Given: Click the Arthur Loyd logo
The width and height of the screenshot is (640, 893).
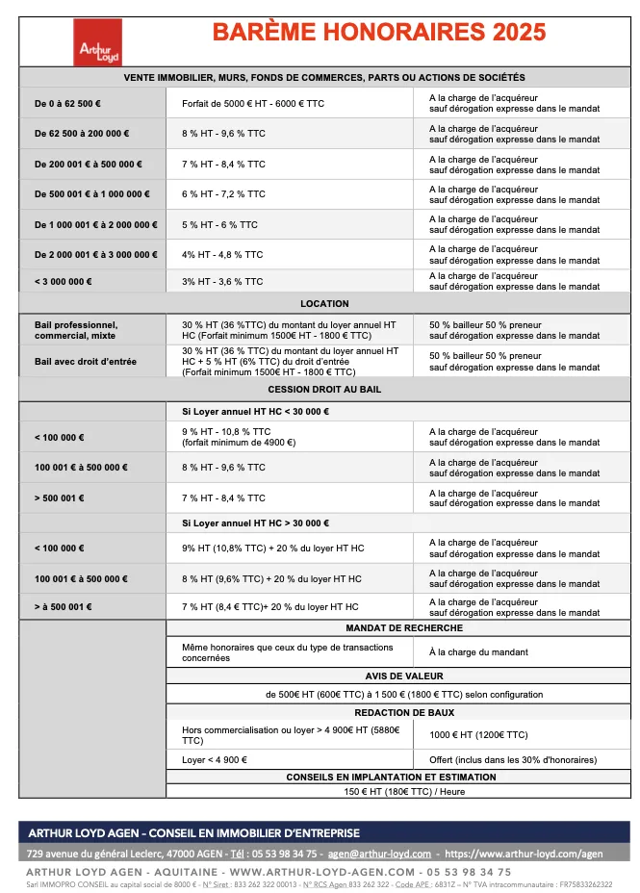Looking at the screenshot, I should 92,42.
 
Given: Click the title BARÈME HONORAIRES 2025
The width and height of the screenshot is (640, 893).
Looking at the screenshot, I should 378,33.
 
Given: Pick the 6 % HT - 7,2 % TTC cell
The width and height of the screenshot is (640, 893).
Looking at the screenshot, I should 223,194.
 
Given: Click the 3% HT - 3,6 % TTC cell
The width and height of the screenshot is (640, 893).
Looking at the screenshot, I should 222,282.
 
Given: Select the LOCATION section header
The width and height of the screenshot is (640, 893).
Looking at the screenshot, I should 324,303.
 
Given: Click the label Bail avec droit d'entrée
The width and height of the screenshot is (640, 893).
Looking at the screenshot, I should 86,362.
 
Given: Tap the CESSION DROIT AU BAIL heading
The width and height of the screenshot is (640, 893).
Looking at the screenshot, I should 324,389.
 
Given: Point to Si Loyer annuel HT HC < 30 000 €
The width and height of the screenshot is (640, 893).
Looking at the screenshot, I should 255,412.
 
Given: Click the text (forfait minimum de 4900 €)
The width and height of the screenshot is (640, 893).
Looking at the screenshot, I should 239,443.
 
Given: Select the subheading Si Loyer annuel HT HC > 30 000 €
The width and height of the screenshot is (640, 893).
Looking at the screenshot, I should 255,523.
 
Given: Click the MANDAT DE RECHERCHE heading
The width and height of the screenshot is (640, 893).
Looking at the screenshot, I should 404,628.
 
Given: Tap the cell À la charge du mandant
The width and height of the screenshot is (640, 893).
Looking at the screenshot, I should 478,652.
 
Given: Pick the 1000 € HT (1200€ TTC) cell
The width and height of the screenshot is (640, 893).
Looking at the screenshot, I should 478,735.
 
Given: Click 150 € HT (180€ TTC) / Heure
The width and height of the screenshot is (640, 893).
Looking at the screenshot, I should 404,791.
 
